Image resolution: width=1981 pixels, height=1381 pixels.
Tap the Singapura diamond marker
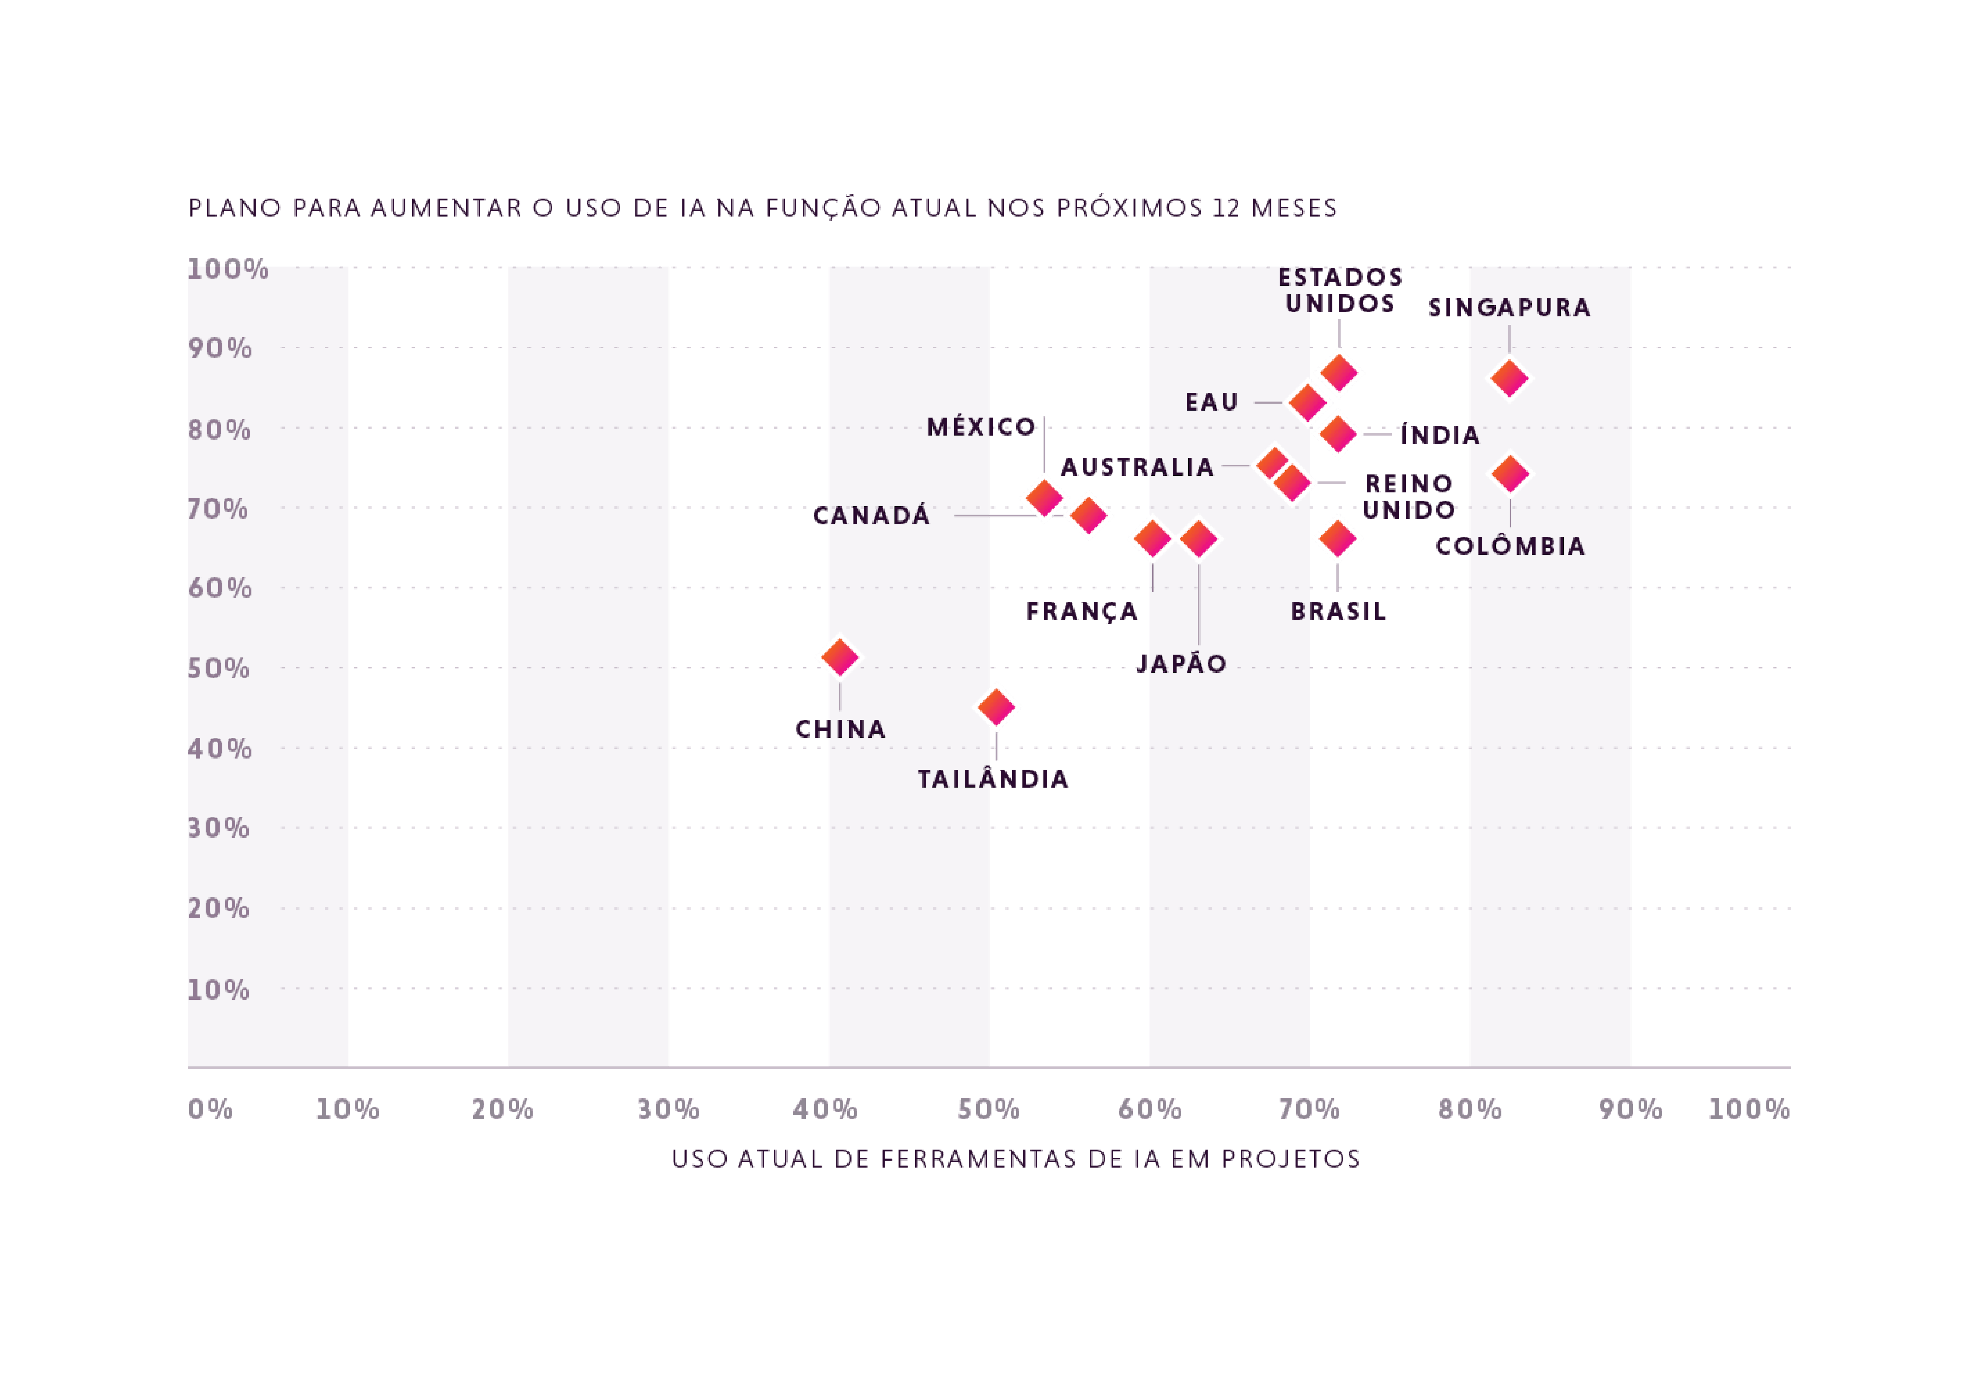click(x=1509, y=378)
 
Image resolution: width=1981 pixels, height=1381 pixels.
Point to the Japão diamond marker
click(x=1198, y=540)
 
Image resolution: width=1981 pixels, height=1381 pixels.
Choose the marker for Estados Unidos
click(x=1339, y=373)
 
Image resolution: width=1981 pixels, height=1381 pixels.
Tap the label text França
click(x=1082, y=612)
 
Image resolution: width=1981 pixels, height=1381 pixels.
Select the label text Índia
click(x=1439, y=435)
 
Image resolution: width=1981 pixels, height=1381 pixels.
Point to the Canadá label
click(x=872, y=516)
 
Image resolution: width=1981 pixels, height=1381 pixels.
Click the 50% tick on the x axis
click(x=989, y=1110)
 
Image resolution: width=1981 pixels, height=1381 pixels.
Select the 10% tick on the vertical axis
click(x=219, y=990)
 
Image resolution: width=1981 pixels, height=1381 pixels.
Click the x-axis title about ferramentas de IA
click(x=1015, y=1159)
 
